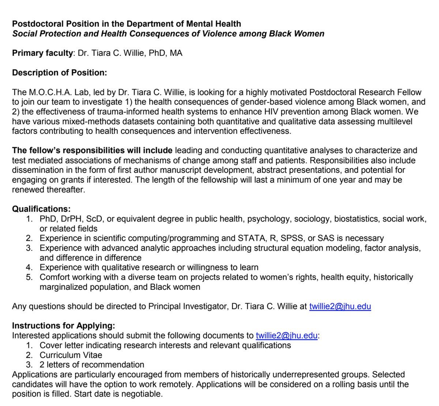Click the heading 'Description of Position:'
(x=60, y=73)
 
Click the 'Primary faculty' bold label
(x=42, y=53)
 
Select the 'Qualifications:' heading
(x=41, y=209)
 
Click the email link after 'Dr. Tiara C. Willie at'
(x=340, y=306)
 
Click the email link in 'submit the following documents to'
(x=286, y=335)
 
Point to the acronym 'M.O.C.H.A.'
(x=47, y=92)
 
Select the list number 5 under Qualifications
(x=29, y=277)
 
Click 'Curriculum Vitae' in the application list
(x=71, y=355)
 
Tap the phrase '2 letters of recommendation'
(x=92, y=365)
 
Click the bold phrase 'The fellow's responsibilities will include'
(x=92, y=150)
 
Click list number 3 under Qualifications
(x=29, y=248)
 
